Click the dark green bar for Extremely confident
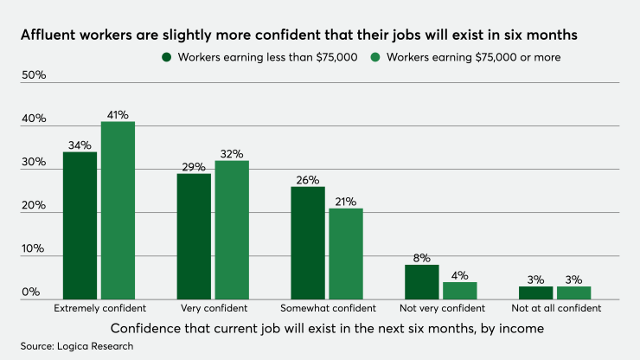coord(80,226)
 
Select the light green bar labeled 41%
coord(118,211)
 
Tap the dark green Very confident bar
coord(195,236)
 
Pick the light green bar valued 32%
coord(233,230)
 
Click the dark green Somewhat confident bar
coord(309,243)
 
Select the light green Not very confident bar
coord(460,291)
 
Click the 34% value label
coord(80,145)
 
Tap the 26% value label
coord(309,180)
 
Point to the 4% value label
coord(460,275)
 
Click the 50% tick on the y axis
coord(34,75)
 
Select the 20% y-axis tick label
coord(34,205)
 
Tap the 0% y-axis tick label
coord(31,292)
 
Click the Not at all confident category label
coord(555,308)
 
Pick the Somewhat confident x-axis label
coord(328,308)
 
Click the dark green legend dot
coord(165,57)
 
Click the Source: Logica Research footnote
coord(77,346)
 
